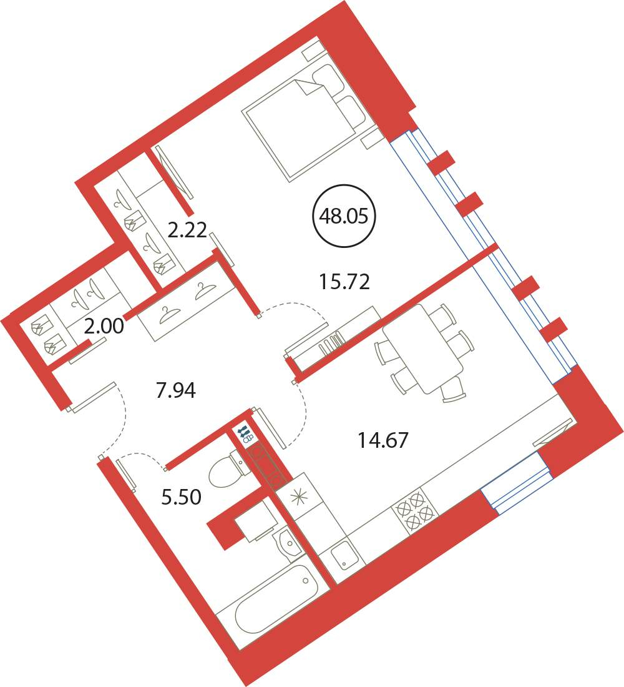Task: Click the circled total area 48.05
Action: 344,215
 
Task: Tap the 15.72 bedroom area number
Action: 344,282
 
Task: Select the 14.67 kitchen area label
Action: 383,440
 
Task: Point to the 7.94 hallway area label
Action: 175,390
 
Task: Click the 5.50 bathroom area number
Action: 182,497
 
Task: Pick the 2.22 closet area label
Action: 187,230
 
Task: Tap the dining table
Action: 423,348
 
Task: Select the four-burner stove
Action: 416,510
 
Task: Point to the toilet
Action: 228,470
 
